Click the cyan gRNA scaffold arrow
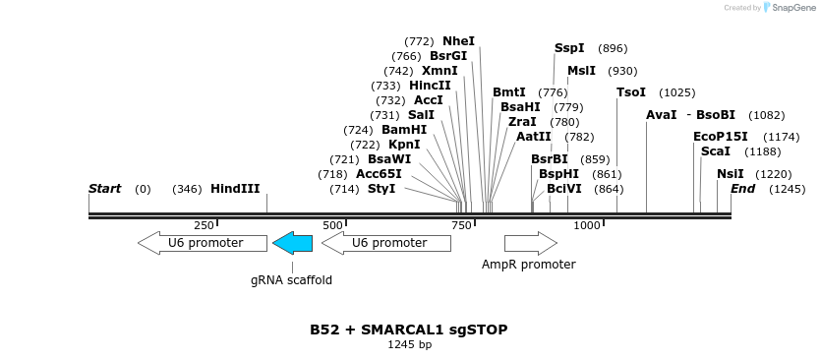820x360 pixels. point(292,242)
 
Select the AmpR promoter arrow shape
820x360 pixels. point(530,242)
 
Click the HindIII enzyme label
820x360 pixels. point(235,188)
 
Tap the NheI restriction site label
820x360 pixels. point(458,41)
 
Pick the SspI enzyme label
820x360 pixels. point(569,48)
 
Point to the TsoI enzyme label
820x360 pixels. point(631,92)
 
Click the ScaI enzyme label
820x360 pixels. point(716,151)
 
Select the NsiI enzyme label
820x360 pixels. point(731,173)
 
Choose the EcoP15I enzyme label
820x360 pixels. point(721,137)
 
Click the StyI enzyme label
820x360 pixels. point(381,188)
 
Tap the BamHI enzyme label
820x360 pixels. point(404,130)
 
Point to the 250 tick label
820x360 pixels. point(204,225)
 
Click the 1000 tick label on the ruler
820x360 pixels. point(587,225)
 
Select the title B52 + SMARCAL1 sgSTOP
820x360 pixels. point(409,330)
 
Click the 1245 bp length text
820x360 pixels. point(409,345)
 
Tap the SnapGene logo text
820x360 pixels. point(794,8)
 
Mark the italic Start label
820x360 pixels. point(104,188)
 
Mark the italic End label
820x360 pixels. point(742,188)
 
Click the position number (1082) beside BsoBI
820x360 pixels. point(767,115)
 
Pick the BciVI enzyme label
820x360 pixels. point(564,188)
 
